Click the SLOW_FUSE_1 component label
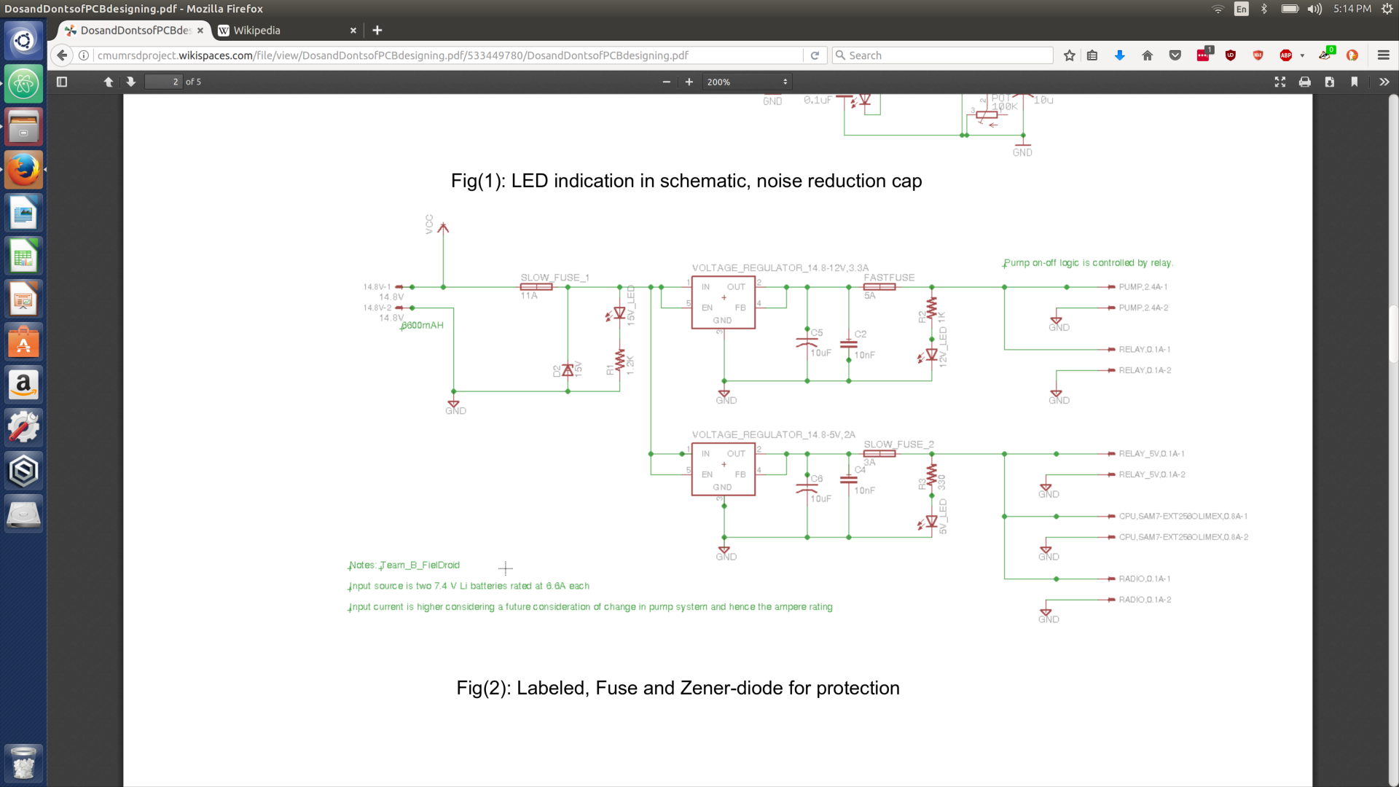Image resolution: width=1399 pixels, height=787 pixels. pyautogui.click(x=554, y=278)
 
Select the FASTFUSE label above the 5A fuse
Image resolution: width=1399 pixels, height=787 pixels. pyautogui.click(x=888, y=278)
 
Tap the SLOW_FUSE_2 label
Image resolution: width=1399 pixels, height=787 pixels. pyautogui.click(x=898, y=445)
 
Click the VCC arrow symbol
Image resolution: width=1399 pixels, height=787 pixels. pyautogui.click(x=443, y=228)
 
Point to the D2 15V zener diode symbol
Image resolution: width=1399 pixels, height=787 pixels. pyautogui.click(x=568, y=370)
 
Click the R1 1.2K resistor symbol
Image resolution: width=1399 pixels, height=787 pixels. pyautogui.click(x=619, y=361)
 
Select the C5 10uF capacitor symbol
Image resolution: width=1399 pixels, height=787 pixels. pyautogui.click(x=807, y=342)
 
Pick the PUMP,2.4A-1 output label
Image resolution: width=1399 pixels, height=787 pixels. pyautogui.click(x=1143, y=287)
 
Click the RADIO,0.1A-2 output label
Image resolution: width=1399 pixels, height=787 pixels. pyautogui.click(x=1145, y=600)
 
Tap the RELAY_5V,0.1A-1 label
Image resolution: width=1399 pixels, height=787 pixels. pyautogui.click(x=1151, y=454)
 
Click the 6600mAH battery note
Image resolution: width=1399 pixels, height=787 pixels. pyautogui.click(x=423, y=326)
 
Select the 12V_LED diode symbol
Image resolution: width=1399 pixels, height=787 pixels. pyautogui.click(x=930, y=356)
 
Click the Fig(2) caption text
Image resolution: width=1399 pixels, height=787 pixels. pyautogui.click(x=678, y=688)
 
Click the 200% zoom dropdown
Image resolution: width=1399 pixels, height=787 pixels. pyautogui.click(x=747, y=82)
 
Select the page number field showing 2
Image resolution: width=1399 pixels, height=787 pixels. pyautogui.click(x=163, y=82)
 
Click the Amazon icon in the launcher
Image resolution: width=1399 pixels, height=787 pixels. pyautogui.click(x=23, y=385)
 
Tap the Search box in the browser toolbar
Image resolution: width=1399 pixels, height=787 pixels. pyautogui.click(x=943, y=55)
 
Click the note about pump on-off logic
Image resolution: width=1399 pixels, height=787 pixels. pyautogui.click(x=1087, y=263)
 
